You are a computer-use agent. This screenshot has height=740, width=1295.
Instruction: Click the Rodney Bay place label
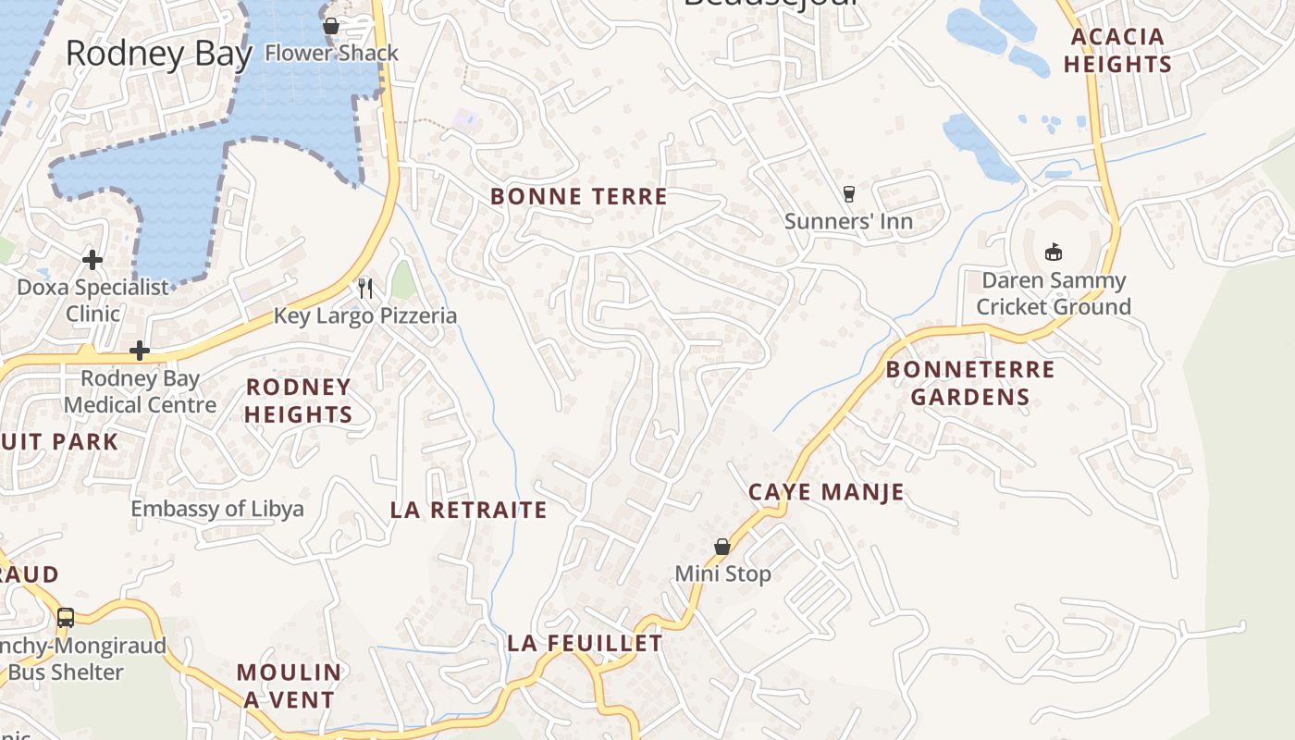pos(158,54)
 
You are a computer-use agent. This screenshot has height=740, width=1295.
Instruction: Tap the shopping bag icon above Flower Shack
pos(331,26)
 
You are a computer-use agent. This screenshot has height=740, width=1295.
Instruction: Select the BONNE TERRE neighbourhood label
pos(578,196)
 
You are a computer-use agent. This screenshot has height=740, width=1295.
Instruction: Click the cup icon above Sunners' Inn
pos(848,193)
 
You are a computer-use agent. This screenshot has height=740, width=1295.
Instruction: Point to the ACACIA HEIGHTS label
pos(1117,51)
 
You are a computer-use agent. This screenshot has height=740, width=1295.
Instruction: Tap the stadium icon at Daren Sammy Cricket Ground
pos(1053,252)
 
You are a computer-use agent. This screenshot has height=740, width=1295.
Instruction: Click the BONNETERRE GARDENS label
pos(969,383)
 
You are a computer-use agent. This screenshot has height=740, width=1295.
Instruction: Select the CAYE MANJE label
pos(825,492)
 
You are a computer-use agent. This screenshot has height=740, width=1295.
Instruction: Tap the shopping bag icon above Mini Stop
pos(722,547)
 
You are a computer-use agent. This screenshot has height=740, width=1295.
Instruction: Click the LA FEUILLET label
pos(585,643)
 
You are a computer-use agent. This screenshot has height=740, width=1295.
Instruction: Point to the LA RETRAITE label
pos(468,510)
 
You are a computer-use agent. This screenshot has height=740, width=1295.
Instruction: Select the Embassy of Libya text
pos(216,509)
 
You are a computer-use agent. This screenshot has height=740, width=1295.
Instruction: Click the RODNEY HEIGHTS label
pos(298,401)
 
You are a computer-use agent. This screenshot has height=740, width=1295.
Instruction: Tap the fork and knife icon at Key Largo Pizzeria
pos(365,289)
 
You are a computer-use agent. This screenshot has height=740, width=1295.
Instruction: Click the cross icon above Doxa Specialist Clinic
pos(92,259)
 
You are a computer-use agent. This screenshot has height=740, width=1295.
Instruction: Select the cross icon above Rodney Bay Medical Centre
pos(140,351)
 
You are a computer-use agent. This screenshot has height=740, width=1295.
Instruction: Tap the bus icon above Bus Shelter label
pos(65,617)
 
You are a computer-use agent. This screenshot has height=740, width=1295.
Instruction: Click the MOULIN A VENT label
pos(289,685)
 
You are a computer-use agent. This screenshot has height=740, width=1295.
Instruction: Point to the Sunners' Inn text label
pos(848,221)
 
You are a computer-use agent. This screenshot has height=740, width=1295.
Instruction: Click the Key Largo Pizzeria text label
pos(365,316)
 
